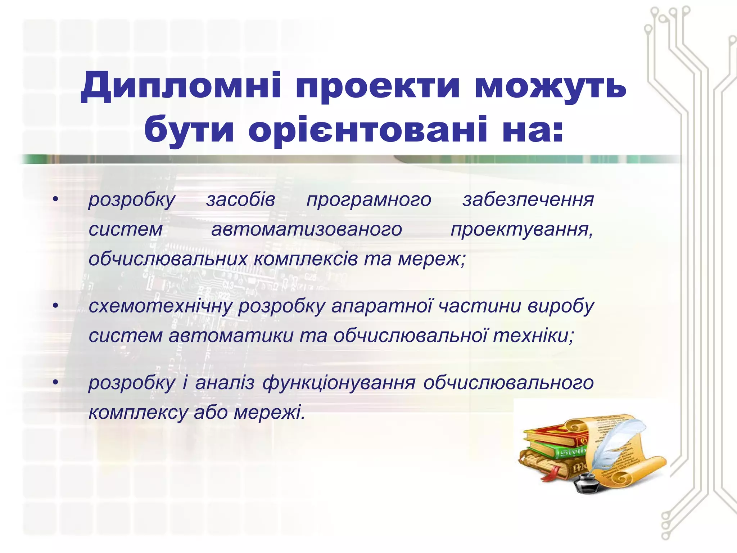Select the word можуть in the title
pyautogui.click(x=550, y=87)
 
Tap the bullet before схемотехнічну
pyautogui.click(x=55, y=306)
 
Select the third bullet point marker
pyautogui.click(x=55, y=382)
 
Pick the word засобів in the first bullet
pyautogui.click(x=241, y=200)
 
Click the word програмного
pyautogui.click(x=369, y=201)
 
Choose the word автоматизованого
pyautogui.click(x=307, y=229)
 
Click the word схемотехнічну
pyautogui.click(x=160, y=306)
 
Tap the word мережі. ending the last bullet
pyautogui.click(x=269, y=413)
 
